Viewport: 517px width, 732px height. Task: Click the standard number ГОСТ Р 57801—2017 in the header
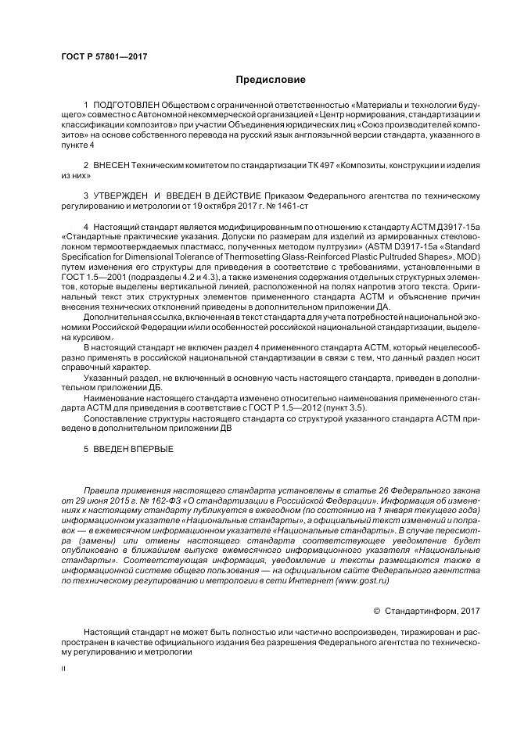(x=104, y=57)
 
